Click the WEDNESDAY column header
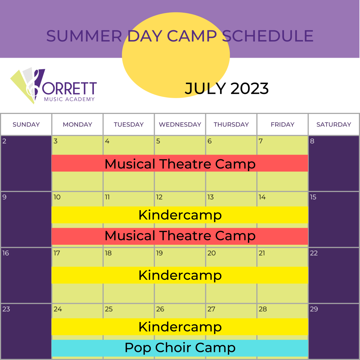180,124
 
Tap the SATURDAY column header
334,124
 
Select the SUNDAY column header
26,124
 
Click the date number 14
262,197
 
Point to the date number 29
314,309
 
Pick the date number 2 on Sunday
4,141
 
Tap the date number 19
159,253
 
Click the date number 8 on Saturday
312,141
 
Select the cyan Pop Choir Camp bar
180,348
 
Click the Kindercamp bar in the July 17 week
180,275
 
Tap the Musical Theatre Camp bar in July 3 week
180,163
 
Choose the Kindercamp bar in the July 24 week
180,327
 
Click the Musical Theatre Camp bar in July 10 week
180,236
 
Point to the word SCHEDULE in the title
268,36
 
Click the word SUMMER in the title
84,36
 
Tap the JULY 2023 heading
227,88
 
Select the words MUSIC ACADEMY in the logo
69,99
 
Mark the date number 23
6,309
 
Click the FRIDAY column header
282,124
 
